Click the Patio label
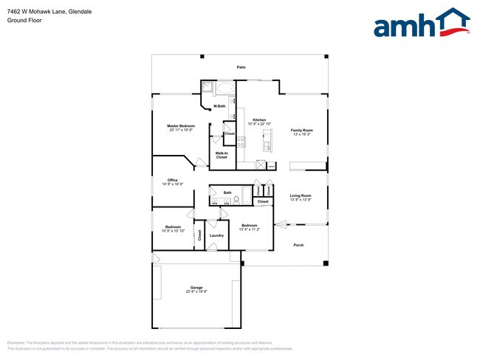click(x=241, y=67)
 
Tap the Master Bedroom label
click(x=182, y=126)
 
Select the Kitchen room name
click(x=259, y=120)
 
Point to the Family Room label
click(x=301, y=130)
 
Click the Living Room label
click(x=301, y=195)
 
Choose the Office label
click(x=172, y=180)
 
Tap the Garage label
click(x=196, y=288)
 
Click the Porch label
click(x=298, y=245)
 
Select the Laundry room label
click(x=216, y=235)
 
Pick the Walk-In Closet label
click(x=222, y=156)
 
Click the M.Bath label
click(x=219, y=107)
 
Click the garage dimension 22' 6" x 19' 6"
click(x=196, y=292)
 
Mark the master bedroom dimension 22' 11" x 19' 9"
click(x=182, y=131)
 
